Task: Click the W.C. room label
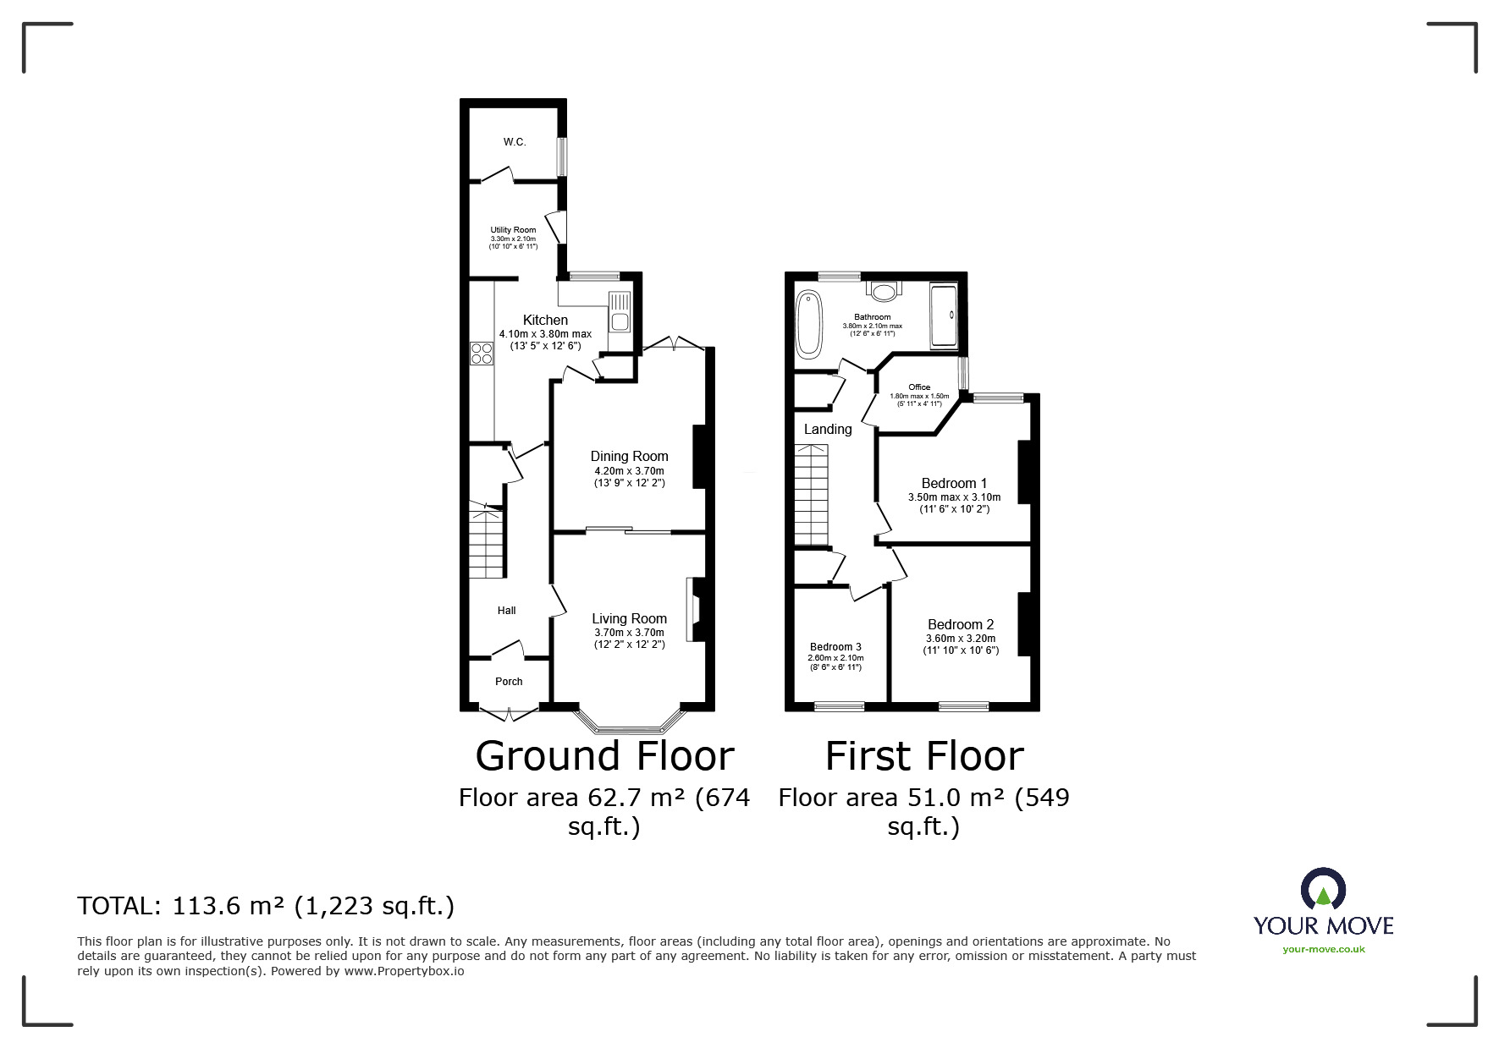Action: click(x=515, y=142)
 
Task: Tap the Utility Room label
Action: click(x=513, y=230)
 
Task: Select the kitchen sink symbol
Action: click(x=619, y=312)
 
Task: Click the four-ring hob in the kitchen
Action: click(x=482, y=353)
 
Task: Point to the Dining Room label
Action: click(x=629, y=457)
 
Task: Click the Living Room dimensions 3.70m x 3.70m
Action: click(x=629, y=633)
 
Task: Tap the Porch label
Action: click(x=509, y=682)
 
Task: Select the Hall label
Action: click(x=506, y=611)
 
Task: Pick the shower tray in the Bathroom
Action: click(x=944, y=316)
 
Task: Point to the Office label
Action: click(x=919, y=387)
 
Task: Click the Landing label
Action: click(x=828, y=430)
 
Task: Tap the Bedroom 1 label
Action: click(x=954, y=484)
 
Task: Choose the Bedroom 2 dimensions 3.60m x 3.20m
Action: click(x=961, y=639)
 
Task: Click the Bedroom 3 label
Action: click(x=835, y=647)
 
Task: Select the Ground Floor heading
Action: click(x=604, y=756)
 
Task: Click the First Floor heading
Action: click(x=924, y=756)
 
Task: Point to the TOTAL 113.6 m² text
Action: click(x=266, y=907)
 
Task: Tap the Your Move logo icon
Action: click(x=1323, y=890)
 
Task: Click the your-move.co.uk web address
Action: click(x=1323, y=949)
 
